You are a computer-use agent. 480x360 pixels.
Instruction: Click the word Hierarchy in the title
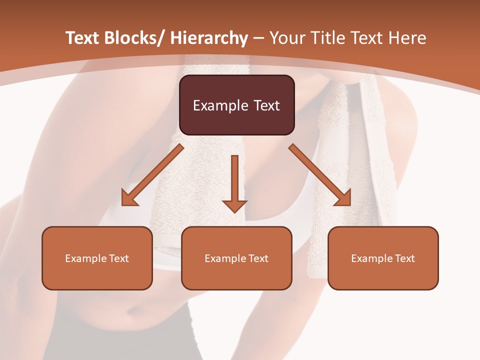pos(209,38)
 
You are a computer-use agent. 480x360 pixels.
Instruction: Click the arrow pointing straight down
pos(234,182)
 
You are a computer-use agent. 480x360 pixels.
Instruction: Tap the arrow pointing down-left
pos(152,175)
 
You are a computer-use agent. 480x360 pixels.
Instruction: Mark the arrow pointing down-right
pos(320,175)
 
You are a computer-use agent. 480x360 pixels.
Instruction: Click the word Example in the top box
pos(220,105)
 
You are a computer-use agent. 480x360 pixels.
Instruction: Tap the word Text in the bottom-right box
pos(404,258)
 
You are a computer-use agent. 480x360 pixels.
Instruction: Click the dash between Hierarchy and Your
pos(258,39)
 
